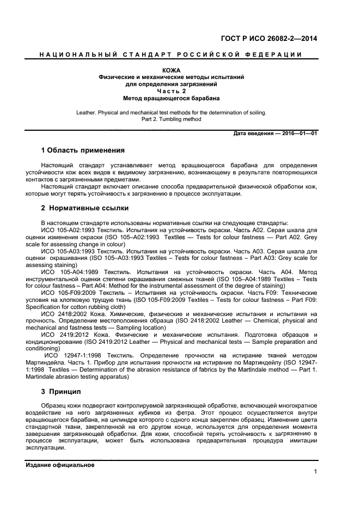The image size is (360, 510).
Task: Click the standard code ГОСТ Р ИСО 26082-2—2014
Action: [x=269, y=39]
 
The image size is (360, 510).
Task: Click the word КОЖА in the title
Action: [x=171, y=70]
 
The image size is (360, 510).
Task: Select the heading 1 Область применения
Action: [x=83, y=150]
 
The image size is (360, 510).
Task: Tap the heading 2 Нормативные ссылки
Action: [x=85, y=208]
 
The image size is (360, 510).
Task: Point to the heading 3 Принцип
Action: [x=61, y=391]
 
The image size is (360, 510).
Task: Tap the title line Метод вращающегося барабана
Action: [x=172, y=99]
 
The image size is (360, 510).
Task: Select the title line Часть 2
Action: [x=171, y=92]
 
